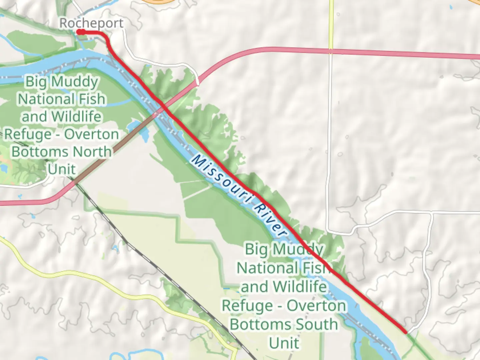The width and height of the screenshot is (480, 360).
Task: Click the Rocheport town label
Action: (x=91, y=23)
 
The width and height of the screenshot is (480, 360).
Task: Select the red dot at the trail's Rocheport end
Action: (x=79, y=32)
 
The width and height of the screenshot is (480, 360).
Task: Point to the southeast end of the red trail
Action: (x=405, y=332)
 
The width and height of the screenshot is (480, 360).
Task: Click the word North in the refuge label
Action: (x=92, y=152)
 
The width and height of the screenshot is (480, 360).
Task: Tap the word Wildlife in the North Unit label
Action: (x=76, y=117)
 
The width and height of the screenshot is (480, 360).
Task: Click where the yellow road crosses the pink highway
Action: (x=331, y=51)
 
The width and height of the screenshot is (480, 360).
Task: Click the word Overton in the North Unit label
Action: (x=92, y=134)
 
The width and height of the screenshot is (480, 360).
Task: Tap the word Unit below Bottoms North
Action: (x=62, y=169)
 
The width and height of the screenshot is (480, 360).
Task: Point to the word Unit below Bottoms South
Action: (x=284, y=343)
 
